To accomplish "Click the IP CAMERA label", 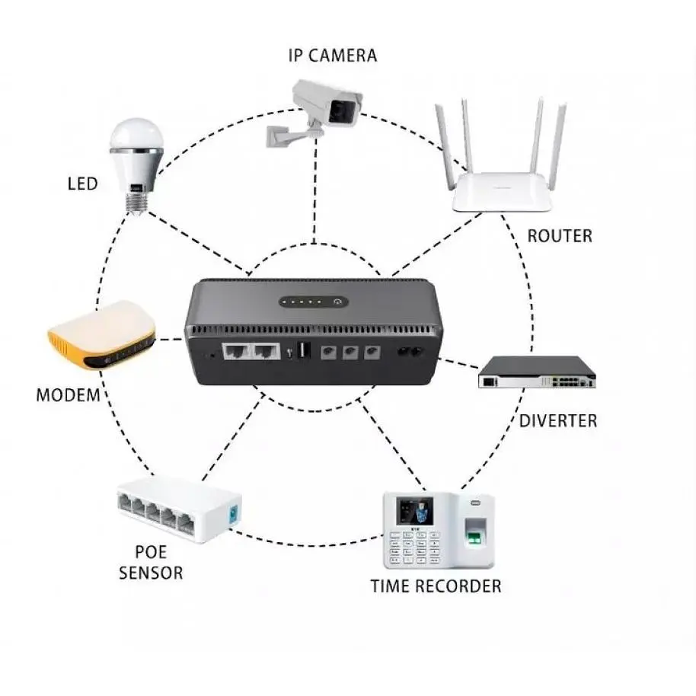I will click(x=332, y=55).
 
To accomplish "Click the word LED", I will click(x=82, y=184).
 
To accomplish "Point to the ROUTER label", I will click(x=559, y=235).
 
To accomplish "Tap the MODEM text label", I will click(x=68, y=395).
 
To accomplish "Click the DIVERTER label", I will click(x=558, y=420).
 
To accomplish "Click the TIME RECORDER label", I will click(x=436, y=586).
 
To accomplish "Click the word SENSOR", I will click(x=151, y=572).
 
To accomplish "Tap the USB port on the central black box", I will click(x=302, y=352).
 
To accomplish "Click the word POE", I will click(x=151, y=551).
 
